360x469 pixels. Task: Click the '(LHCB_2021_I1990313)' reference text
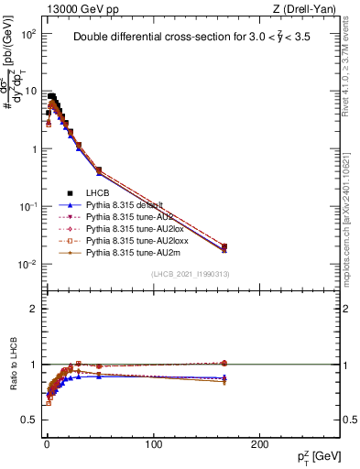coord(190,275)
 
